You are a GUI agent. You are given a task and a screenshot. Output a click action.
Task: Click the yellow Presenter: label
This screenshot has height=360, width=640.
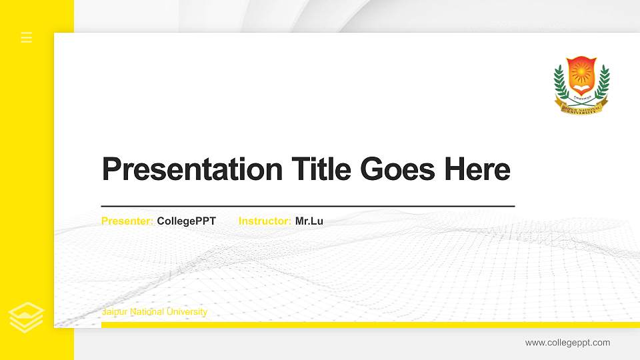coord(127,221)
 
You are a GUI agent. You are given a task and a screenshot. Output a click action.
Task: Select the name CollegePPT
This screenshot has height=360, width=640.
coord(187,221)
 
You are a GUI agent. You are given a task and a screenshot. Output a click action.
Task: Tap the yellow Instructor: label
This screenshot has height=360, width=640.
coord(265,221)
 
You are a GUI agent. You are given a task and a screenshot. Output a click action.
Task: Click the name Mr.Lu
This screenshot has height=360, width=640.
coord(309,221)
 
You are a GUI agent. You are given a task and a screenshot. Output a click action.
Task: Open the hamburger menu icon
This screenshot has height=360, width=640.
coord(27,37)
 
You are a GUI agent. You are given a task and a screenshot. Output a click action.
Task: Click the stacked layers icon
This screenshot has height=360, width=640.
coord(26,317)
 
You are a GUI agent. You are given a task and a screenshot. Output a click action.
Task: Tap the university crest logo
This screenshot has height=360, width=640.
coord(582,85)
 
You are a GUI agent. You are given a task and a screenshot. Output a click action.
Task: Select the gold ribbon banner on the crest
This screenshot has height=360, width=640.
coord(582,108)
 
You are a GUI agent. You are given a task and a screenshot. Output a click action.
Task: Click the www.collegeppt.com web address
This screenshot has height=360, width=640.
coord(567,343)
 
